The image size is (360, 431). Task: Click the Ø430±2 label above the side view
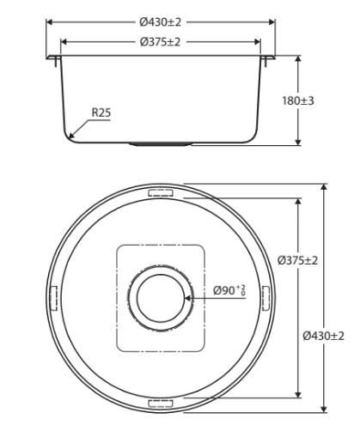coord(161,22)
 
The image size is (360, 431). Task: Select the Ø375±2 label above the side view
coord(161,42)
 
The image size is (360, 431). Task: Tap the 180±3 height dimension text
coord(298,100)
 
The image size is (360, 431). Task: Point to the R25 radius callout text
coord(101,112)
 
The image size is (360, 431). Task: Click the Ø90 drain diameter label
coord(229,290)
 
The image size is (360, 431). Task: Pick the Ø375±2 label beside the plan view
coord(298,260)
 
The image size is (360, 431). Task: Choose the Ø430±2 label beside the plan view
coord(324,336)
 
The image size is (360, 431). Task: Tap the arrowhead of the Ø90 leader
coord(188,298)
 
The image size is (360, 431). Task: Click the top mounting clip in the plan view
coord(161,192)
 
